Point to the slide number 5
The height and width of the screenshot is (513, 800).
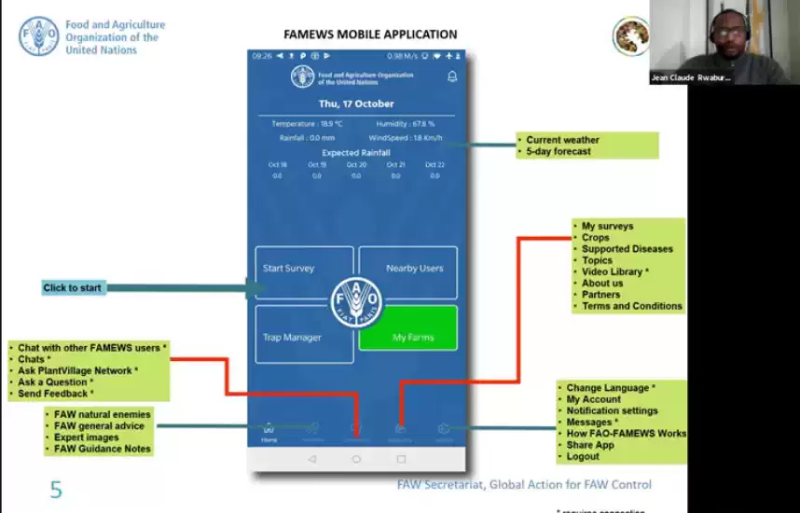click(x=56, y=489)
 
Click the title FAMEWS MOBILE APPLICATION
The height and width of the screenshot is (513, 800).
click(x=369, y=35)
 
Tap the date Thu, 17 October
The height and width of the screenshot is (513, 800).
click(x=356, y=104)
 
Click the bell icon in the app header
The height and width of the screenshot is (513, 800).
click(x=452, y=76)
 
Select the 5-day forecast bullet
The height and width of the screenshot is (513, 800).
click(x=558, y=151)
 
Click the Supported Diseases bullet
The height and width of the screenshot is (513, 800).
click(x=627, y=249)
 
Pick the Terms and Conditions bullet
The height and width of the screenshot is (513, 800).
click(x=631, y=306)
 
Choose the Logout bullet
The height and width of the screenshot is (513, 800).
click(x=583, y=456)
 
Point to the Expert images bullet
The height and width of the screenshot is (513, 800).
click(x=87, y=437)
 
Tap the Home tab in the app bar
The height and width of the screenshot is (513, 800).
click(x=269, y=433)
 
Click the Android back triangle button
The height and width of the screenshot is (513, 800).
click(x=311, y=459)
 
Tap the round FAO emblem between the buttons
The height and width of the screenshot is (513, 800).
click(x=356, y=302)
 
